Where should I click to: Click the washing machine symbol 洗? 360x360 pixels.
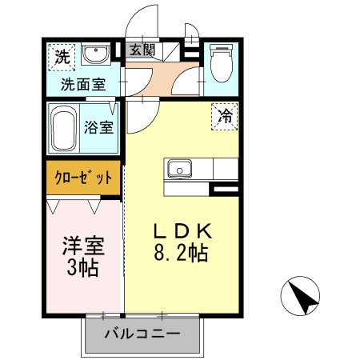(x=62, y=56)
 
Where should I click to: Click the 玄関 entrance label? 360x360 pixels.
(x=144, y=50)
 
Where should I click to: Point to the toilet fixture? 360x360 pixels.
(x=219, y=62)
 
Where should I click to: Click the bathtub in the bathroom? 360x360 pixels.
(x=64, y=128)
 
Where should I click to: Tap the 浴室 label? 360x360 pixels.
(x=99, y=126)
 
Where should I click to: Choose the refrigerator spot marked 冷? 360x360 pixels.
(x=226, y=115)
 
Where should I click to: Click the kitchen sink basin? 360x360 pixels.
(x=178, y=169)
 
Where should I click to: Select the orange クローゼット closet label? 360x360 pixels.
(x=84, y=178)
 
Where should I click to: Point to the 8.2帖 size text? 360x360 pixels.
(x=182, y=254)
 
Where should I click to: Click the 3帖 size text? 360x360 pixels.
(x=83, y=268)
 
